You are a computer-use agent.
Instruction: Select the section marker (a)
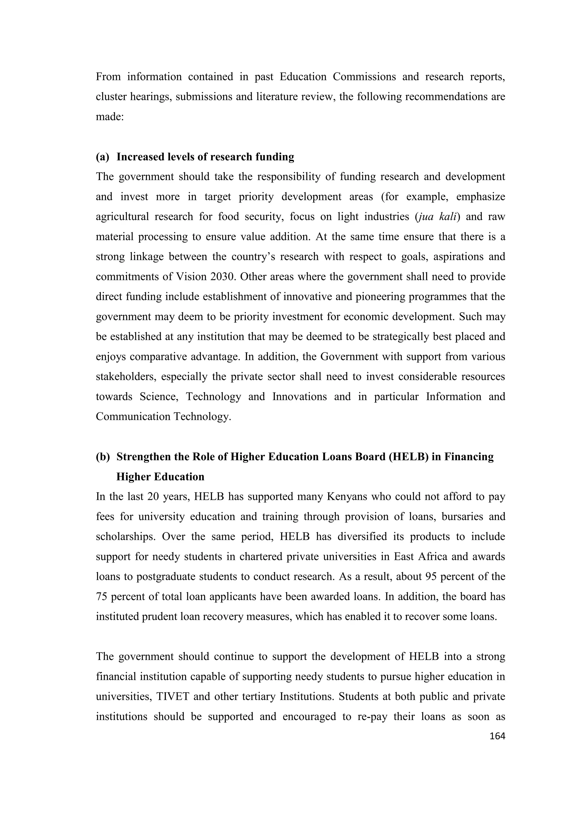pos(103,157)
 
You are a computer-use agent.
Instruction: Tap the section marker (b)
pos(103,457)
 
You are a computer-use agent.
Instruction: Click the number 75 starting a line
pos(102,597)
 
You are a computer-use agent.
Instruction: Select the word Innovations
pos(300,397)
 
